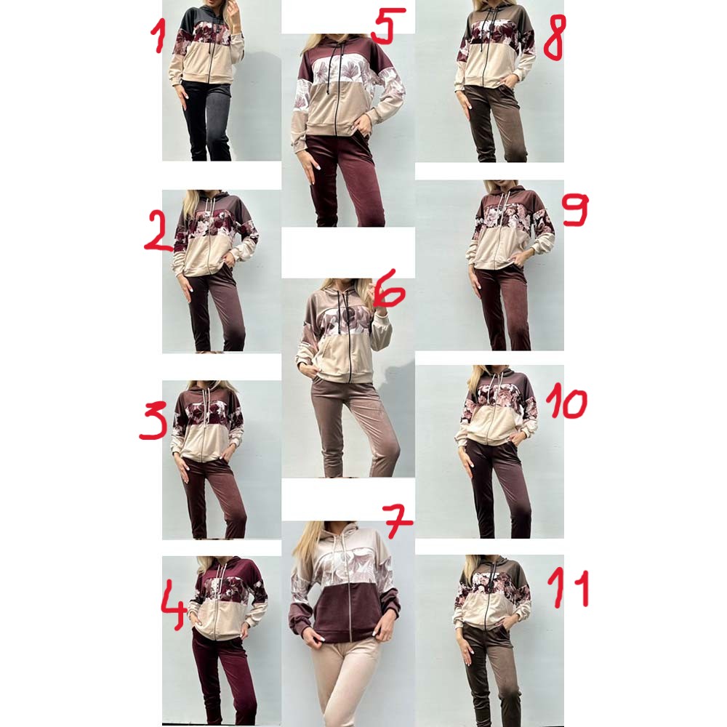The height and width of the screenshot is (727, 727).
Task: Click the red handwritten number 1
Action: point(158,37)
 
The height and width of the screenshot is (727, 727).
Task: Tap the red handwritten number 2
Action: point(158,230)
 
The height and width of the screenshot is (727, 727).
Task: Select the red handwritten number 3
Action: point(153,420)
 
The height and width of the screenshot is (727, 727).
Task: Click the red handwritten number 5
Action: point(387,26)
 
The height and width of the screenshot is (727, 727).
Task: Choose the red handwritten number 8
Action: point(554,38)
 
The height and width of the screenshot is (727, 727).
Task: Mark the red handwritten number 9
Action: point(575,209)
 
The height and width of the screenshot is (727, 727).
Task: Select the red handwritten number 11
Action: point(569,588)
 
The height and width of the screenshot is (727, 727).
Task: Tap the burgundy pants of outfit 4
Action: point(222,677)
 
